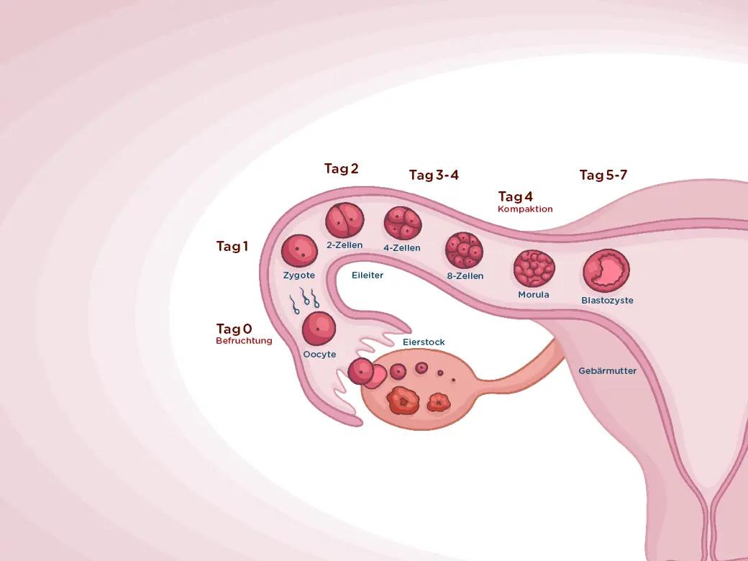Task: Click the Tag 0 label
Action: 234,329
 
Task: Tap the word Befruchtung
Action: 244,341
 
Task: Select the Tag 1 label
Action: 232,247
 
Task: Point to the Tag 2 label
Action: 341,169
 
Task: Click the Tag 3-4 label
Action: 434,175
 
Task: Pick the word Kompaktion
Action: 525,209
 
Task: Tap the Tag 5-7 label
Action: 603,175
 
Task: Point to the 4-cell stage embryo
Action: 402,224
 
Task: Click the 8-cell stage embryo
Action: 464,250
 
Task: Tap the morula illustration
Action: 534,268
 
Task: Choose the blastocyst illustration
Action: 606,271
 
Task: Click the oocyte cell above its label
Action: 319,329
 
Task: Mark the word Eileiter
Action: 368,275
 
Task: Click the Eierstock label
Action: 424,342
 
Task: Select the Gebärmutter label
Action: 608,371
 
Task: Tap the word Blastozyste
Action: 607,301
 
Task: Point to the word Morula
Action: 534,295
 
